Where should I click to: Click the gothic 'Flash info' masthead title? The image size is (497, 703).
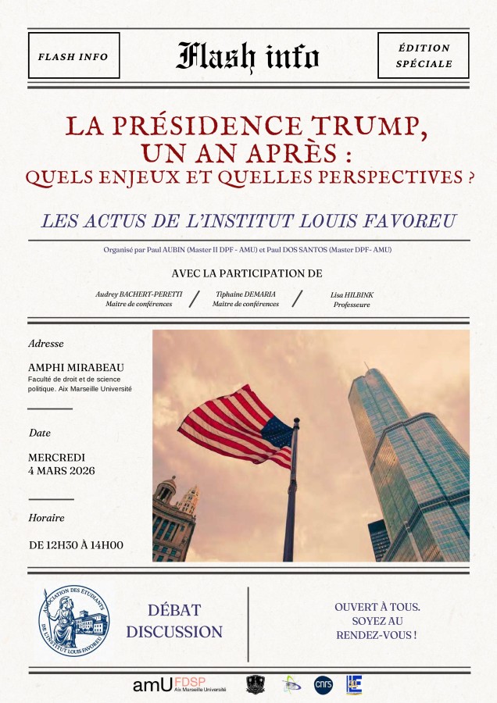point(248,56)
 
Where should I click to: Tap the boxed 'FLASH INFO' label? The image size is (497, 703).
point(73,56)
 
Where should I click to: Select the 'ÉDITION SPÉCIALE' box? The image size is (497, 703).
point(424,56)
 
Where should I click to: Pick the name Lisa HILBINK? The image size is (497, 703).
point(351,295)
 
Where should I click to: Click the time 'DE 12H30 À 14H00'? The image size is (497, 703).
point(76,544)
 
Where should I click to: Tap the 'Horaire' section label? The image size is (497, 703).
point(46,517)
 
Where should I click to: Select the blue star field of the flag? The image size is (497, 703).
point(275,432)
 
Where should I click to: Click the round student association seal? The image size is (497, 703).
point(74,620)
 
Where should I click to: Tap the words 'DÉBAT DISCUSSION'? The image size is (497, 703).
point(174,621)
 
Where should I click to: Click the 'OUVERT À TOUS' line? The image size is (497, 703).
point(377,607)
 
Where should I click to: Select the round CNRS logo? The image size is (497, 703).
point(323,685)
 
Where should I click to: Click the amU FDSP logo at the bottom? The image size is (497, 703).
point(179,685)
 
